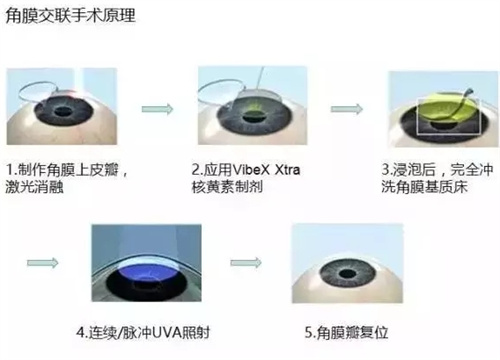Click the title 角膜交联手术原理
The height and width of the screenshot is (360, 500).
coord(70,16)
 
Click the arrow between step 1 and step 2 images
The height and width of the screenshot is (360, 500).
coord(157,109)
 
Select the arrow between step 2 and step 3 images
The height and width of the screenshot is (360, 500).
coord(347,109)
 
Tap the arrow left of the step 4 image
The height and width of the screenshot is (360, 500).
coord(43,263)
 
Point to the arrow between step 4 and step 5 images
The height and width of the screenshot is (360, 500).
coord(246,263)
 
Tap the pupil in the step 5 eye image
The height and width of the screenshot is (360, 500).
coord(348,274)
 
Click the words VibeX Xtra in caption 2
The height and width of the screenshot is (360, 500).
coord(266,170)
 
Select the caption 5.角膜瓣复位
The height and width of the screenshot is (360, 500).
coord(347,332)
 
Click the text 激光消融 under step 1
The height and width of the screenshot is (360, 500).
coord(34,187)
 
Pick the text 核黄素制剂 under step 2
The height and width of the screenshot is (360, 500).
coord(227,187)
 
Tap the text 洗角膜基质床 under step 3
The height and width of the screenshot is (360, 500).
coord(424,187)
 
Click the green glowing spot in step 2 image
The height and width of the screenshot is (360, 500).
coord(254,107)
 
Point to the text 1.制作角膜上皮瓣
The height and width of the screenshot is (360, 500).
coord(62,170)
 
